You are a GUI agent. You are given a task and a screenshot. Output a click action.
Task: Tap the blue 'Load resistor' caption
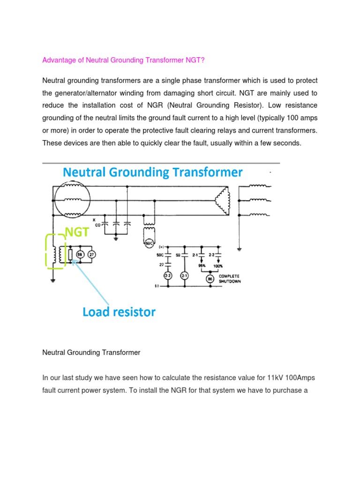click(x=119, y=312)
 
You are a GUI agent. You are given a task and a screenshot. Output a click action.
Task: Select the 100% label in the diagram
click(x=218, y=265)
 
